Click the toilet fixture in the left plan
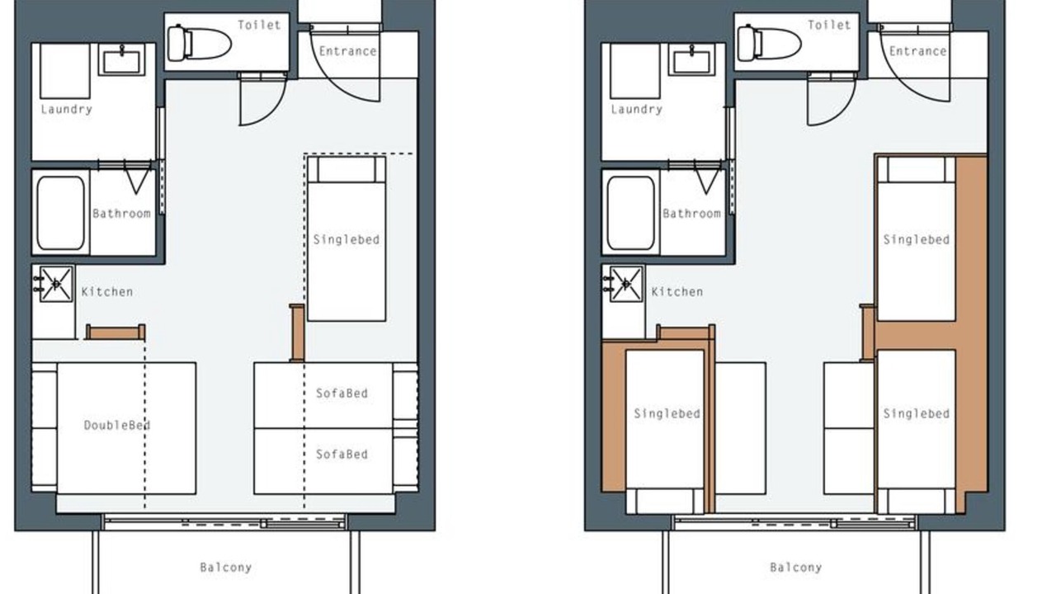pyautogui.click(x=200, y=44)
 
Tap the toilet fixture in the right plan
pyautogui.click(x=770, y=44)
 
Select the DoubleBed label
pyautogui.click(x=117, y=425)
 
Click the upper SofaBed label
pyautogui.click(x=342, y=394)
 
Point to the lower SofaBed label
pyautogui.click(x=342, y=455)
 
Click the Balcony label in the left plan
pyautogui.click(x=226, y=568)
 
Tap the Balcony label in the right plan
pyautogui.click(x=796, y=568)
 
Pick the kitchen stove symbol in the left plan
pyautogui.click(x=56, y=284)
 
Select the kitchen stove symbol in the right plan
pyautogui.click(x=626, y=284)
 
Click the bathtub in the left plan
pyautogui.click(x=61, y=213)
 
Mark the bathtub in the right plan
pyautogui.click(x=631, y=213)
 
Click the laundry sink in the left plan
pyautogui.click(x=121, y=60)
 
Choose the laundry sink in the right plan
pyautogui.click(x=691, y=60)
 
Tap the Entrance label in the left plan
pyautogui.click(x=348, y=51)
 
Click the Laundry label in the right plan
pyautogui.click(x=636, y=110)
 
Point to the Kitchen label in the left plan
pyautogui.click(x=107, y=292)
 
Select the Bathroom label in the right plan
pyautogui.click(x=691, y=214)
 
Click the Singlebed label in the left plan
pyautogui.click(x=346, y=240)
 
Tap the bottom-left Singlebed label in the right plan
pyautogui.click(x=667, y=414)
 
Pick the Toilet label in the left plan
pyautogui.click(x=259, y=25)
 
